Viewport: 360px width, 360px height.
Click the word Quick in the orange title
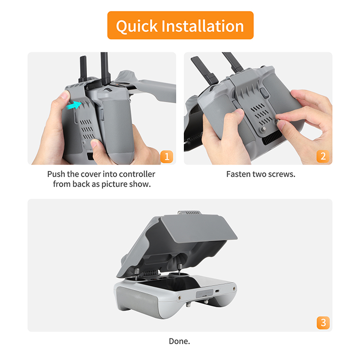click(x=137, y=26)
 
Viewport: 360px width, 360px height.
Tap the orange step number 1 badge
click(x=167, y=156)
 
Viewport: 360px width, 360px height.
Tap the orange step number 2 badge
click(x=323, y=156)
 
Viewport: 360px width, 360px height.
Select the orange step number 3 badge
click(x=323, y=323)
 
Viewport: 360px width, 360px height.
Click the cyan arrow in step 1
click(x=74, y=106)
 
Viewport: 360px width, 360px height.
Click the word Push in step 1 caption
click(x=57, y=174)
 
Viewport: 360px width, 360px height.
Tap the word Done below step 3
click(x=180, y=341)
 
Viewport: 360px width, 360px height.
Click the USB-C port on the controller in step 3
click(x=217, y=291)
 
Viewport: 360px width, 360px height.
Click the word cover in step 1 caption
click(x=91, y=174)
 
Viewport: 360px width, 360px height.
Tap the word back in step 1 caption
click(x=81, y=184)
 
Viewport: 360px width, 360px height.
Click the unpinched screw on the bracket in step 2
click(x=264, y=129)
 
